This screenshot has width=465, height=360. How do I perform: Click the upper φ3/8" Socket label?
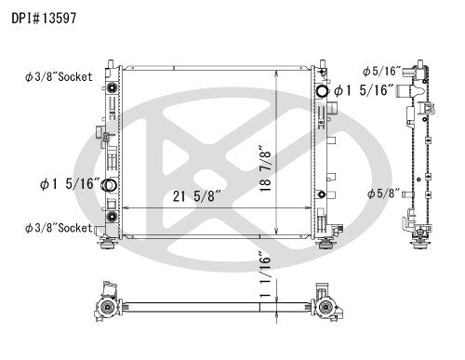[59, 77]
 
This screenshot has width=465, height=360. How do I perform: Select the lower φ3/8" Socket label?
[59, 228]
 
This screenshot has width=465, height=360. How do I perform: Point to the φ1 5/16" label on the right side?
[365, 90]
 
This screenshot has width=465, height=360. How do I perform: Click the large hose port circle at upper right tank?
[324, 91]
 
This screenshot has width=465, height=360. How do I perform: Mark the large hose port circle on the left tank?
[110, 187]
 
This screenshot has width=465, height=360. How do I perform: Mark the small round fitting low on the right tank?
[321, 194]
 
